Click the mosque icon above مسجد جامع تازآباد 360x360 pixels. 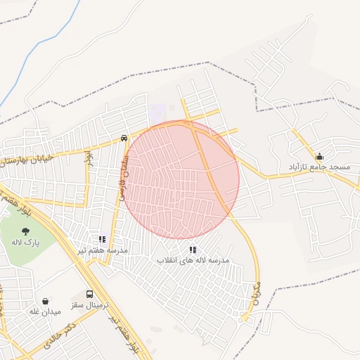click(320, 157)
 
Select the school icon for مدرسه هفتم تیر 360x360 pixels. click(102, 239)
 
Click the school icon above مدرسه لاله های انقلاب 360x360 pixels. click(193, 250)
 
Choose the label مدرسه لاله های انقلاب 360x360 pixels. click(193, 261)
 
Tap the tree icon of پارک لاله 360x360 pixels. click(25, 231)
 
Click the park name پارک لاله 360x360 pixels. click(25, 242)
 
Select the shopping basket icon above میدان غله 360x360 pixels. click(46, 301)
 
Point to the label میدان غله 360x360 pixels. click(45, 311)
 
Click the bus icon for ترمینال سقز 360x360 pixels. click(89, 295)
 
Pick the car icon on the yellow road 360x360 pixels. click(124, 139)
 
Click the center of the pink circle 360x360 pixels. click(182, 179)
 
